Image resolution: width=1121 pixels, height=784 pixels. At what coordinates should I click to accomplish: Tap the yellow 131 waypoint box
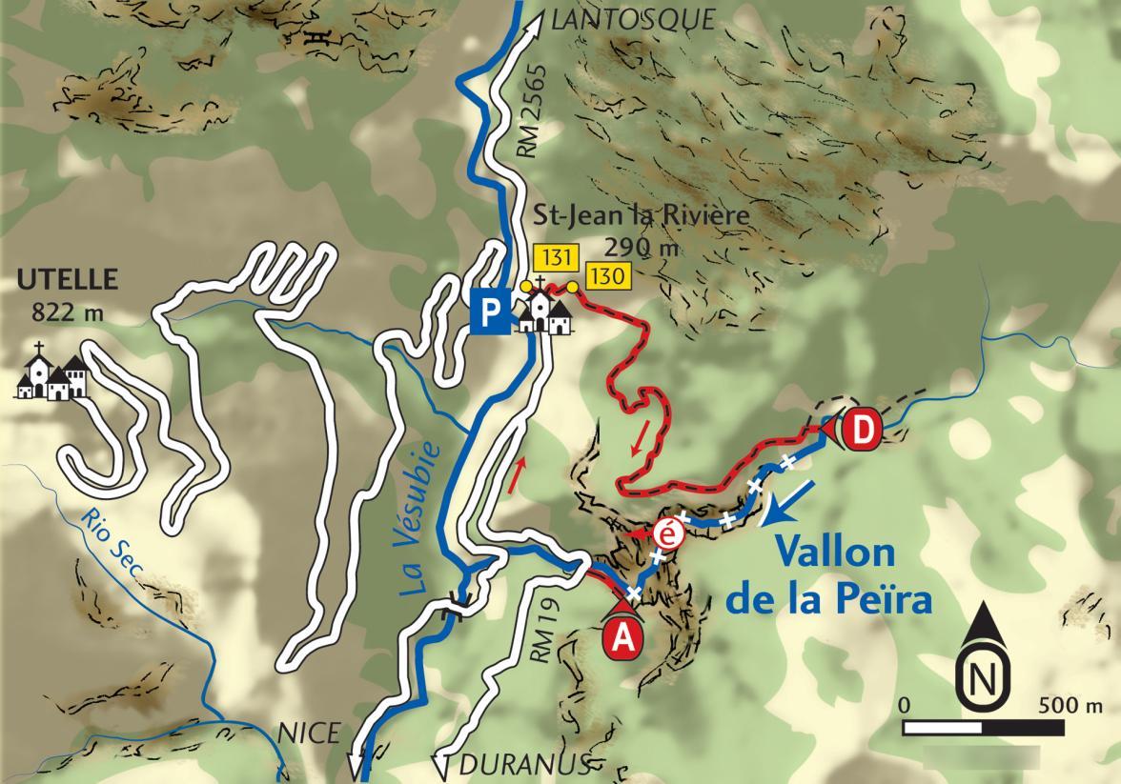pos(553,257)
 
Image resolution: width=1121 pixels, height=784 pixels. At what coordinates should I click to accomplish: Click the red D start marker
pos(861,430)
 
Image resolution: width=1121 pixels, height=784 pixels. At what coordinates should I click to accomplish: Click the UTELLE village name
pos(67,280)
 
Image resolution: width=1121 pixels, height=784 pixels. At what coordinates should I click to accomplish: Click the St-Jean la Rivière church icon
pos(546,310)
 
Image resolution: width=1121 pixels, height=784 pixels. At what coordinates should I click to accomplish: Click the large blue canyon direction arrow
pos(787,503)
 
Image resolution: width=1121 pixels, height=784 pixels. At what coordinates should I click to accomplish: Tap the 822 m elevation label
pos(68,311)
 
